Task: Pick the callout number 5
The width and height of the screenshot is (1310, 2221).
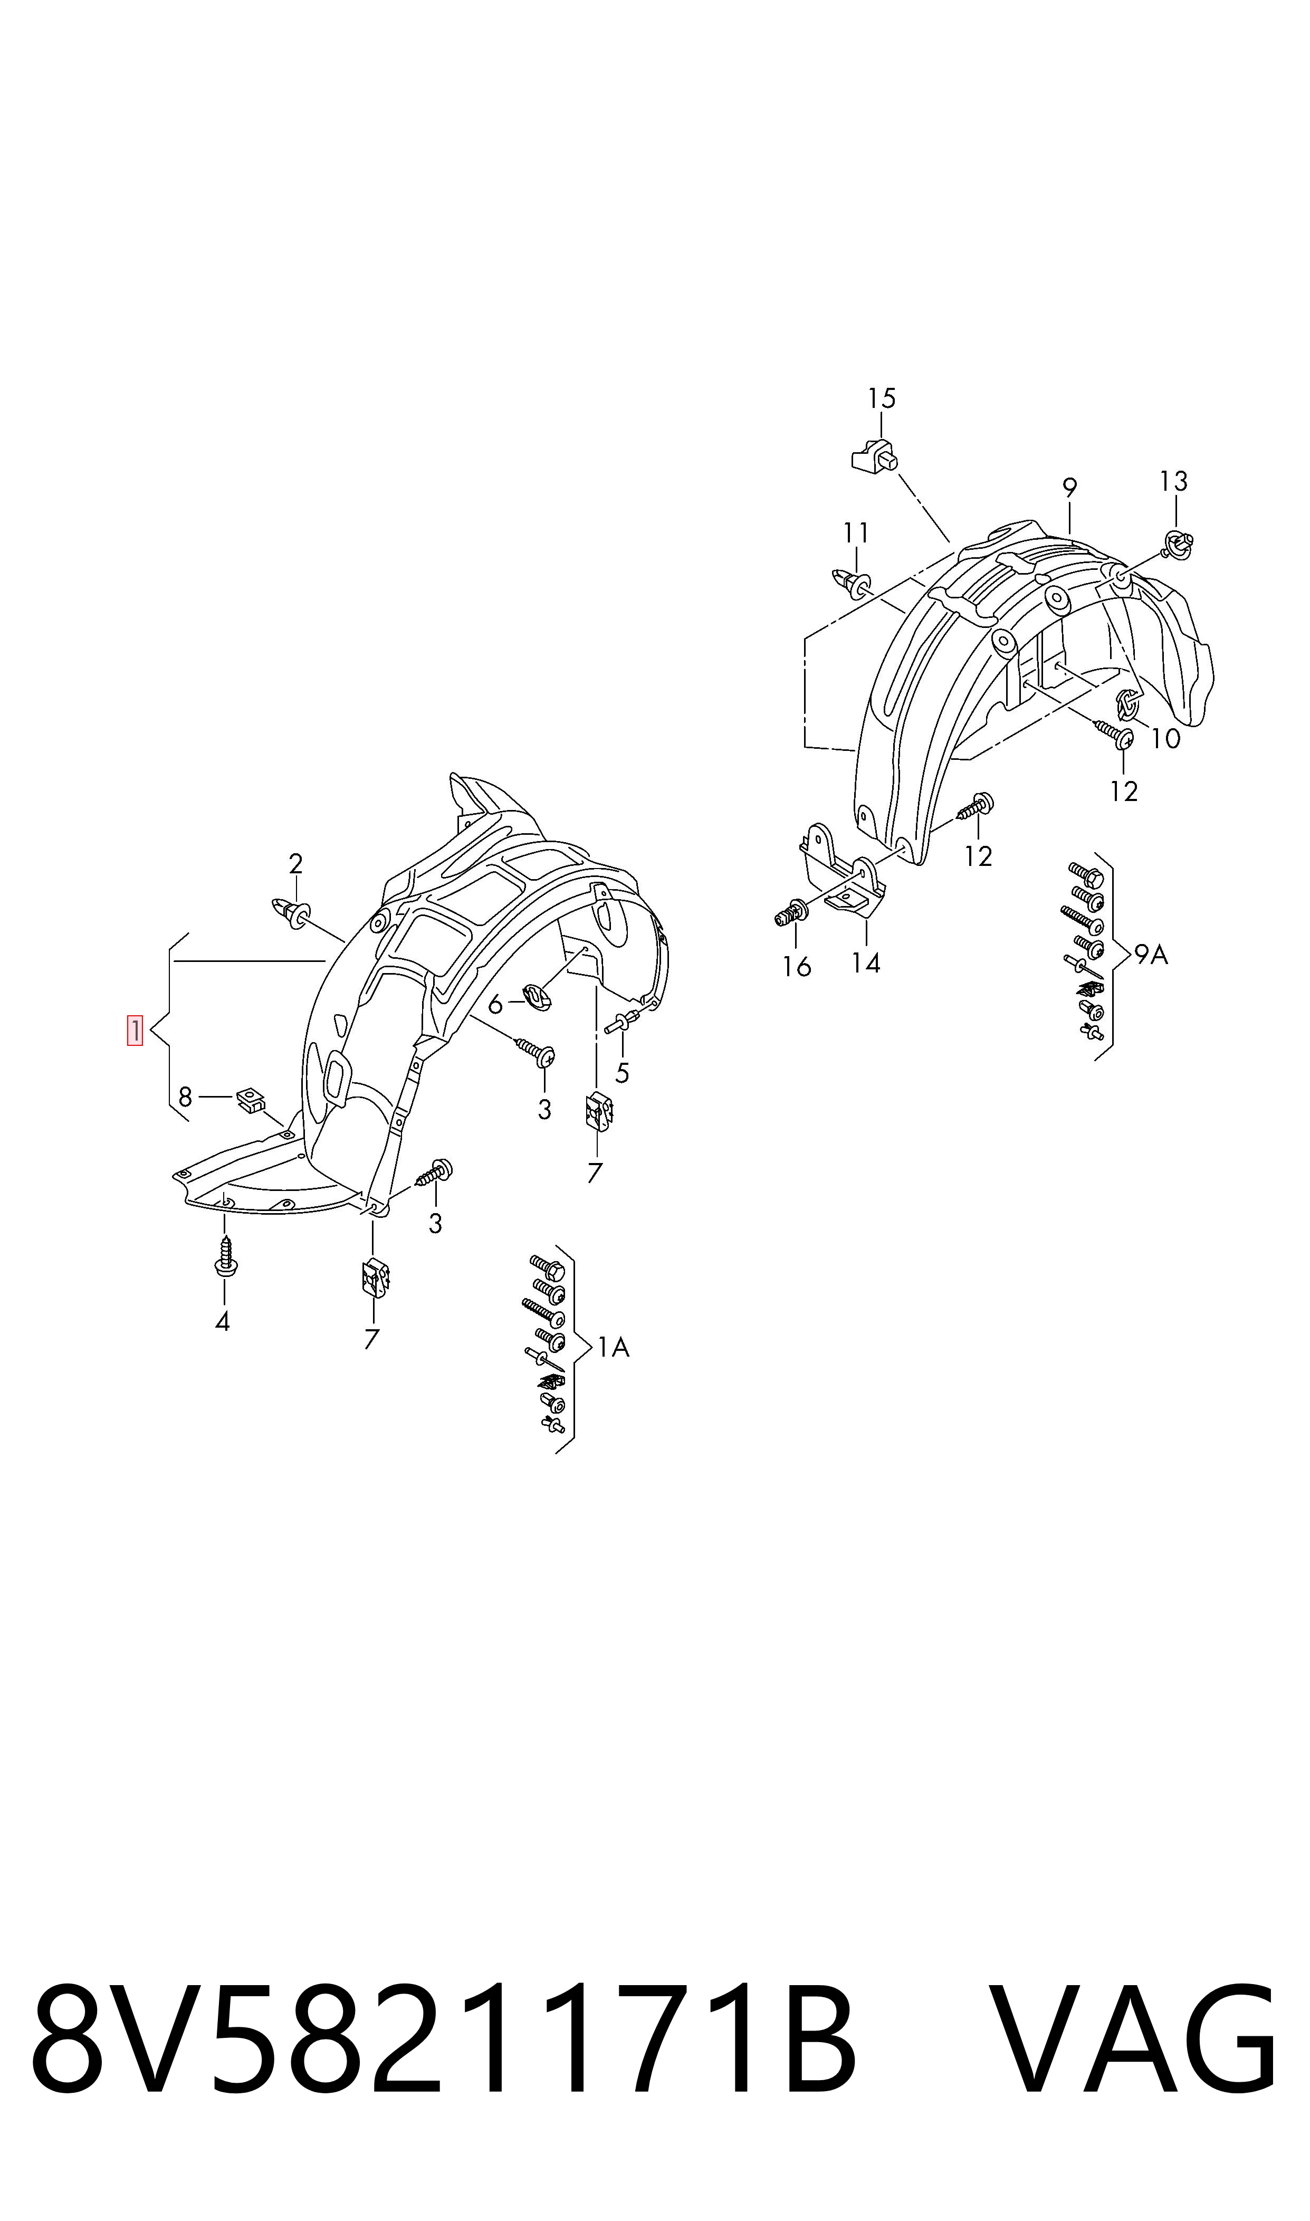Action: point(495,1005)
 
